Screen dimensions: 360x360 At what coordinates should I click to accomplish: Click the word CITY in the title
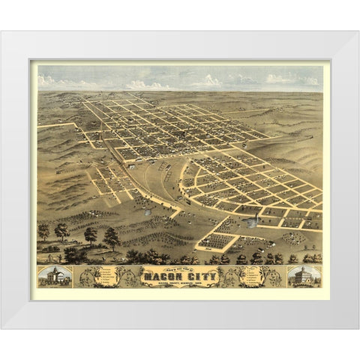point(197,274)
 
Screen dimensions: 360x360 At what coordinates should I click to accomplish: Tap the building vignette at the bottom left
point(55,277)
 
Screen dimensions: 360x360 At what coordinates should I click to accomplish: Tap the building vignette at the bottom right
point(304,277)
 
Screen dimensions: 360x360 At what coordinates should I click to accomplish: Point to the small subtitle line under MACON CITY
point(180,283)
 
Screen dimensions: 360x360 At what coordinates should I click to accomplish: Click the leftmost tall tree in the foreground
point(43,231)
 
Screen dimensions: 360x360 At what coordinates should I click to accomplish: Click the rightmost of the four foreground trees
point(112,238)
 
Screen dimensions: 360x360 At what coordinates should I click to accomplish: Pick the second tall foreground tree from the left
point(61,231)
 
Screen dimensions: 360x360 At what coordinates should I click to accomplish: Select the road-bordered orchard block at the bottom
point(215,241)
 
